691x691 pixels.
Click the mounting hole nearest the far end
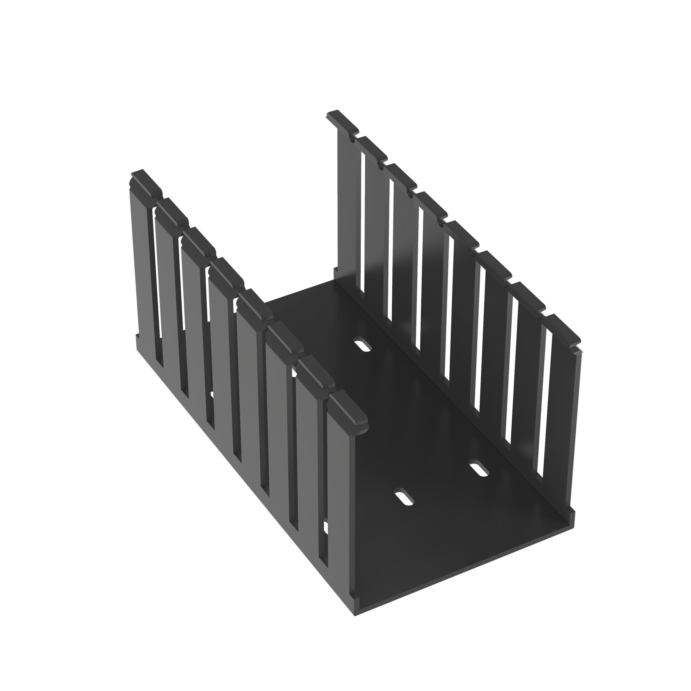363,344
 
